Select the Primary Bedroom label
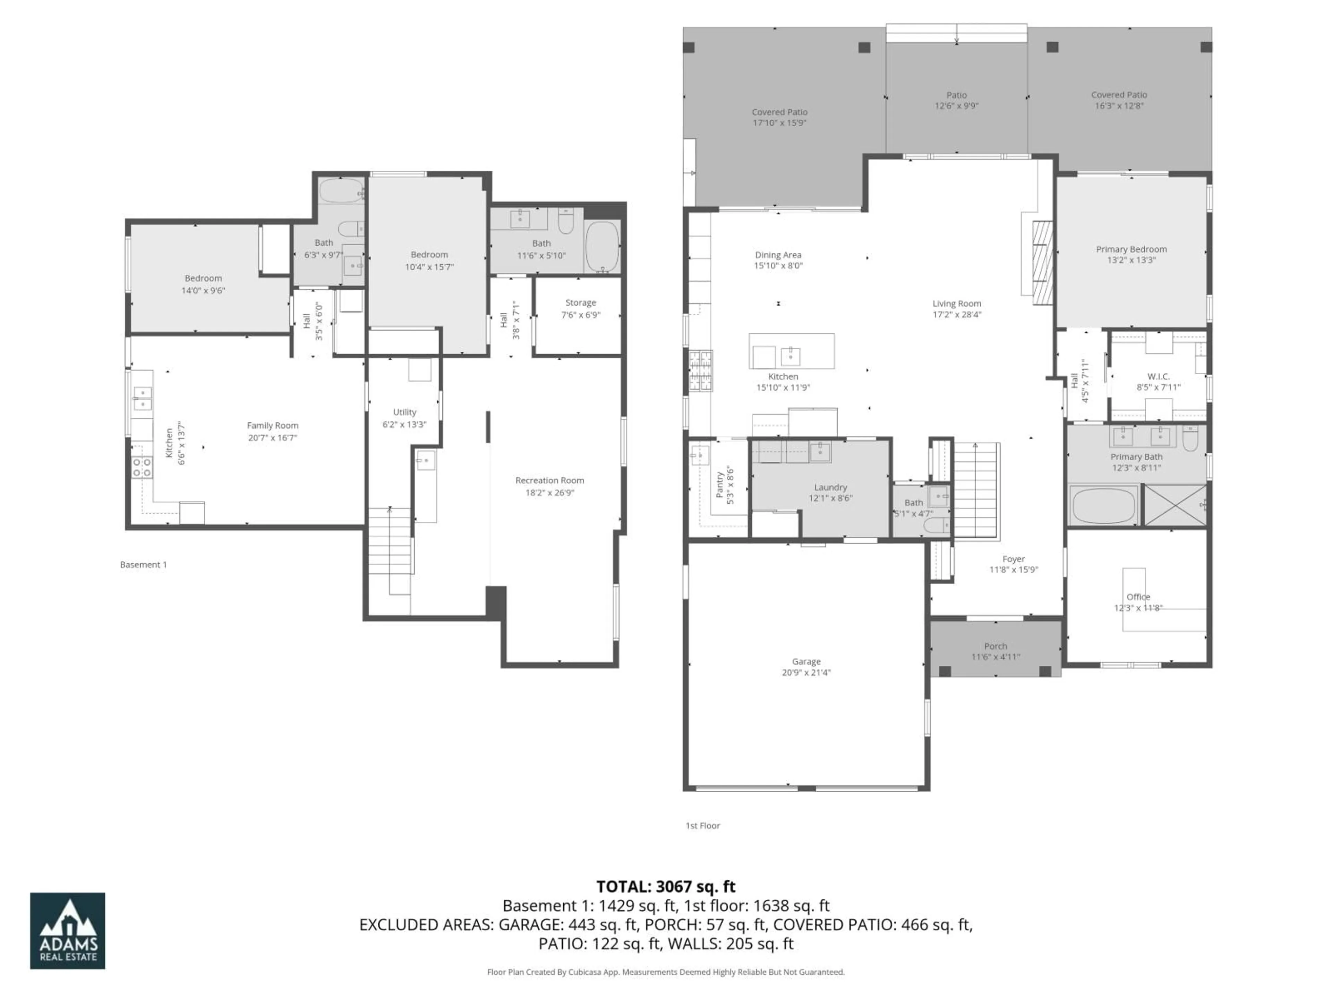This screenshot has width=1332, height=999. click(x=1131, y=249)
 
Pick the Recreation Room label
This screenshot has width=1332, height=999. click(x=549, y=480)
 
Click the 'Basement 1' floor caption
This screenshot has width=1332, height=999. click(x=143, y=564)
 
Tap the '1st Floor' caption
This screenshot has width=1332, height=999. click(x=702, y=826)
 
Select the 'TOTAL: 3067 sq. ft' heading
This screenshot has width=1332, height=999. click(x=665, y=886)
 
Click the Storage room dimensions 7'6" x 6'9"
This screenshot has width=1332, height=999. click(x=580, y=315)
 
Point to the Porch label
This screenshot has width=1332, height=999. click(x=996, y=646)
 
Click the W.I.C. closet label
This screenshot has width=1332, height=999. click(x=1158, y=376)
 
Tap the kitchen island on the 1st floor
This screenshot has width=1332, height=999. click(x=791, y=351)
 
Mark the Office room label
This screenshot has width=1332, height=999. click(x=1138, y=597)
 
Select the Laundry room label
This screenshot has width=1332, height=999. click(x=830, y=487)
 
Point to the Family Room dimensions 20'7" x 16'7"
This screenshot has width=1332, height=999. click(x=272, y=438)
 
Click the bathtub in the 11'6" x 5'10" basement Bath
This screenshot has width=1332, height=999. click(x=601, y=247)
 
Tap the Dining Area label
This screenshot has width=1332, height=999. click(x=778, y=255)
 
